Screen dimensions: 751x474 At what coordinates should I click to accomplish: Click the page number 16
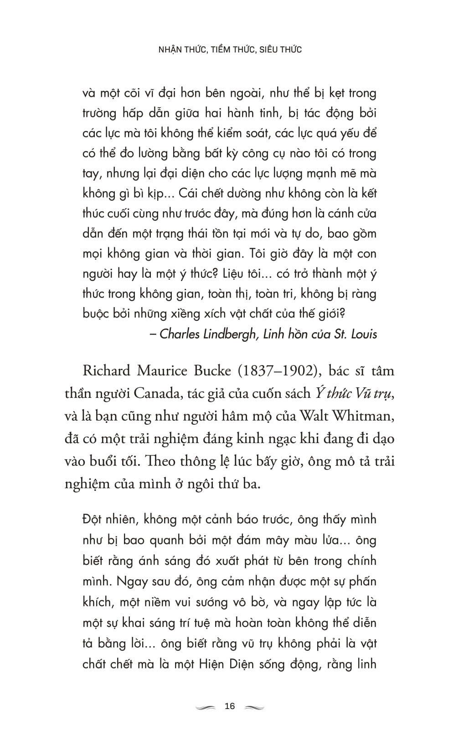230,706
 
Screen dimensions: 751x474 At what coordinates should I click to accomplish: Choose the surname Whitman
366,416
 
